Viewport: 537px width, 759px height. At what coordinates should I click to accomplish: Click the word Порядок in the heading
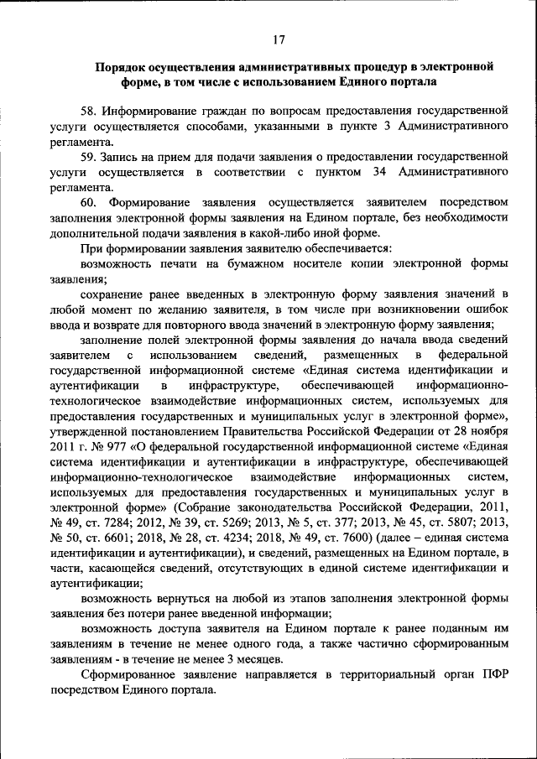(122, 66)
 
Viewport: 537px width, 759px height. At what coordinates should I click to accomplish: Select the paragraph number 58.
(89, 111)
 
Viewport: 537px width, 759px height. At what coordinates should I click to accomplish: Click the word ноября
(487, 431)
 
